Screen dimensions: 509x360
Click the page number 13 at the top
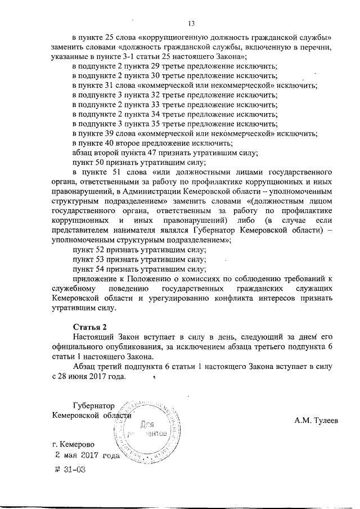point(191,23)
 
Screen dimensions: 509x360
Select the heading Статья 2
point(90,327)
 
